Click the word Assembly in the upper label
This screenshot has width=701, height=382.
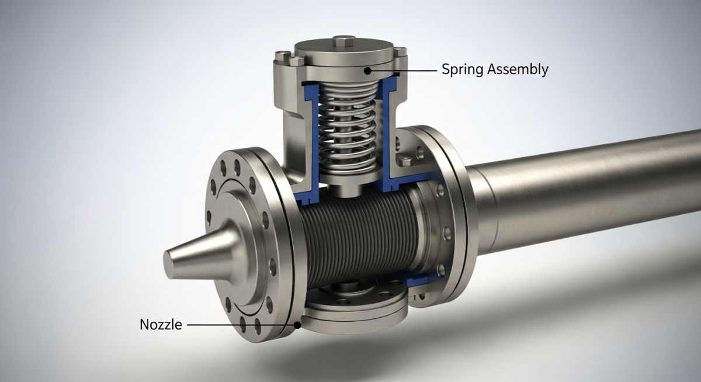pos(515,70)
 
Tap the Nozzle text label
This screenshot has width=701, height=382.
pos(161,325)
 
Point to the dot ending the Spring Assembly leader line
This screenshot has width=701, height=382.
pos(368,70)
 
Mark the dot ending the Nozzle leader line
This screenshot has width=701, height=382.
pos(299,325)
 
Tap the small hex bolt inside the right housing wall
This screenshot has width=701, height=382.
pos(402,159)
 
